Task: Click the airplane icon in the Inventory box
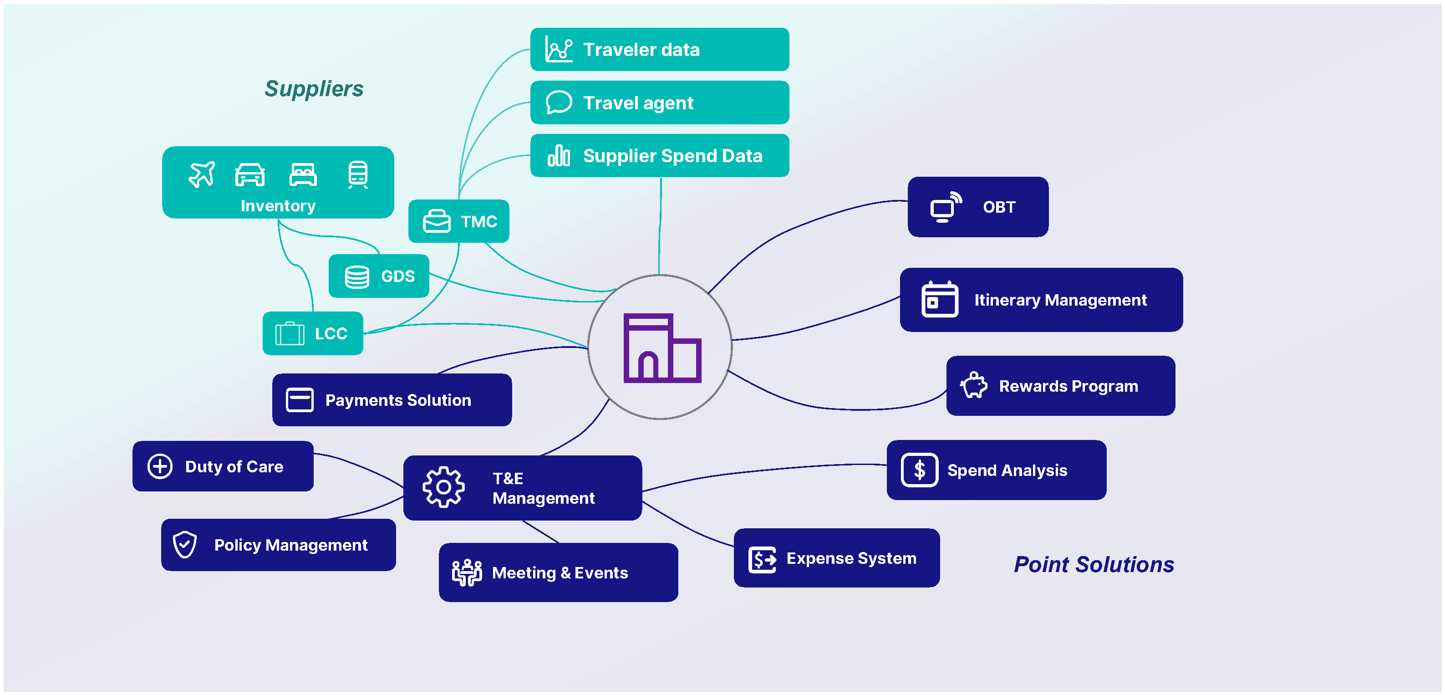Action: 201,174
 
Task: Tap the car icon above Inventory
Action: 249,174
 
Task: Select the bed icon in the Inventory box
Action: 303,174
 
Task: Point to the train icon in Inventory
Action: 358,174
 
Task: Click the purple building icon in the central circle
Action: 662,348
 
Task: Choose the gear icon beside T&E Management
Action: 443,487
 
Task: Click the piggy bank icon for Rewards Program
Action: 974,386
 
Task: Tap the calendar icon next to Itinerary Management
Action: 940,299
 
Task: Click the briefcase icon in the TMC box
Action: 437,221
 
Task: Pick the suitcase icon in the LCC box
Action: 290,333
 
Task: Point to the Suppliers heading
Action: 314,89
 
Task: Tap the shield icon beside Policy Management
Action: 184,545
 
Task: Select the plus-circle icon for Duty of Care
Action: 160,466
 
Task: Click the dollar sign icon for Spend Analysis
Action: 919,470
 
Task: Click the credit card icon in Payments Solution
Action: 300,400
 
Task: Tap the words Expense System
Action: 851,558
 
